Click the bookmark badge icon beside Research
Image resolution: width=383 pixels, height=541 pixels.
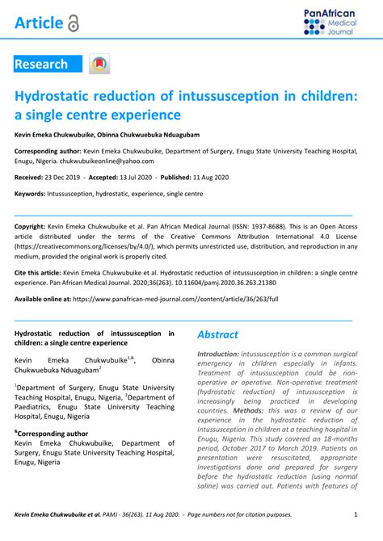99,65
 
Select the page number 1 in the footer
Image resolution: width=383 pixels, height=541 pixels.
356,514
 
